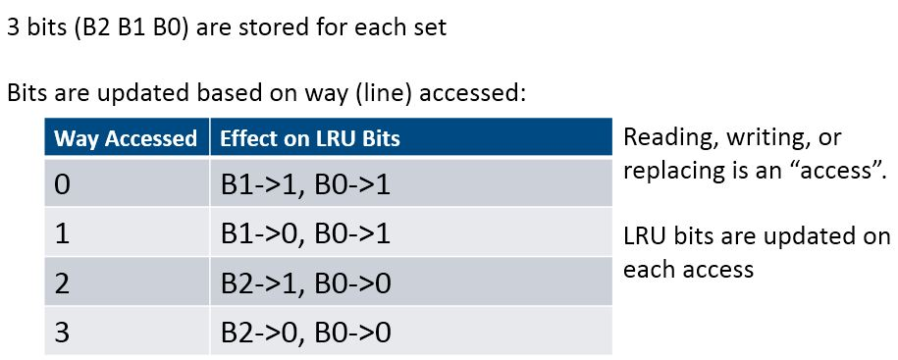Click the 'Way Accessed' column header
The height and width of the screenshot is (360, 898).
[x=126, y=138]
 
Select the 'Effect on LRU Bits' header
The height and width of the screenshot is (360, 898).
[x=310, y=138]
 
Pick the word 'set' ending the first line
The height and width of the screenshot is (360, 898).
[x=430, y=27]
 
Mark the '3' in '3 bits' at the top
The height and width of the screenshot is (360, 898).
[x=13, y=27]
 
